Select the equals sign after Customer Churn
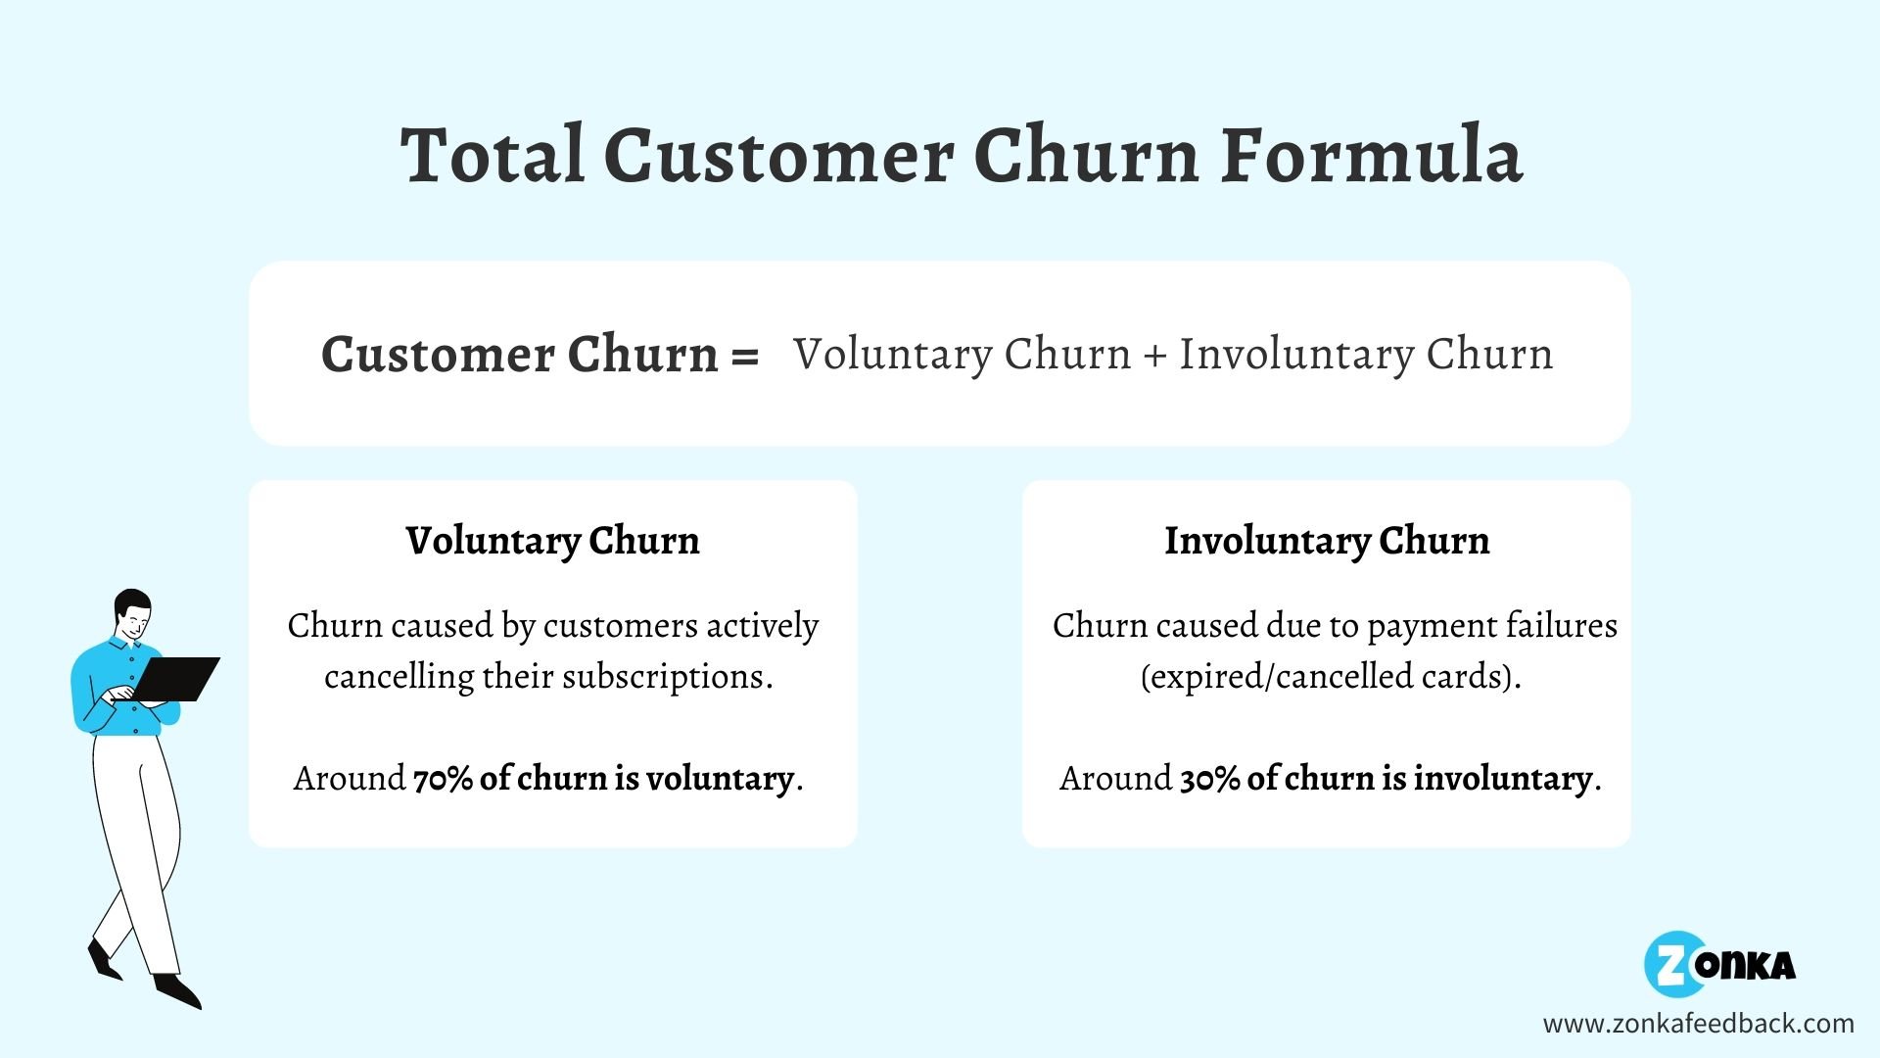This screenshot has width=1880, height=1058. pyautogui.click(x=744, y=356)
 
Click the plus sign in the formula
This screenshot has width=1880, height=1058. pyautogui.click(x=1154, y=356)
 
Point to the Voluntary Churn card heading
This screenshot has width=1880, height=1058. pyautogui.click(x=552, y=541)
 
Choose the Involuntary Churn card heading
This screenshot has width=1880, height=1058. pyautogui.click(x=1326, y=541)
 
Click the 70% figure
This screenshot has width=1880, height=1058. pyautogui.click(x=443, y=779)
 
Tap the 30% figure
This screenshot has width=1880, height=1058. pyautogui.click(x=1210, y=779)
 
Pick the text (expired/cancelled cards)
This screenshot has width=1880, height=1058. pyautogui.click(x=1330, y=677)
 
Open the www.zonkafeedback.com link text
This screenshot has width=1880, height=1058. pyautogui.click(x=1698, y=1024)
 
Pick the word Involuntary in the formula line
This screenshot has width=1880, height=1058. pyautogui.click(x=1295, y=356)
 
